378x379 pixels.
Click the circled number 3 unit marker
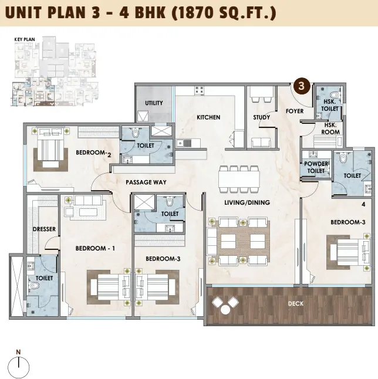[x=301, y=86]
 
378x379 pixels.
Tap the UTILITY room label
[x=154, y=103]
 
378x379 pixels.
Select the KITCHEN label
[x=208, y=117]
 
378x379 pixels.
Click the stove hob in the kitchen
[x=199, y=90]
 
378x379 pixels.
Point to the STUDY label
[x=261, y=117]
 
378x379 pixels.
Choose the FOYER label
[x=295, y=111]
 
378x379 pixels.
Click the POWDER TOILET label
[x=316, y=167]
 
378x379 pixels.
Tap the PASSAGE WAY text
[x=146, y=182]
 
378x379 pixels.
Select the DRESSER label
[x=44, y=229]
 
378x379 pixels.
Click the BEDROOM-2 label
[x=93, y=153]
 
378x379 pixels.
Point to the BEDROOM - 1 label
[x=95, y=249]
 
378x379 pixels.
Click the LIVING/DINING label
[x=247, y=202]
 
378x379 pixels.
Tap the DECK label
[x=295, y=303]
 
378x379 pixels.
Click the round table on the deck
[x=225, y=310]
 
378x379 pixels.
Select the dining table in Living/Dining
[x=239, y=179]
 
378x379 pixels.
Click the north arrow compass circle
[x=19, y=367]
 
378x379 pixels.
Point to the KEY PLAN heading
[x=25, y=39]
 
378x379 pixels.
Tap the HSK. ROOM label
[x=330, y=128]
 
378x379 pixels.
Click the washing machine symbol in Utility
[x=143, y=116]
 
